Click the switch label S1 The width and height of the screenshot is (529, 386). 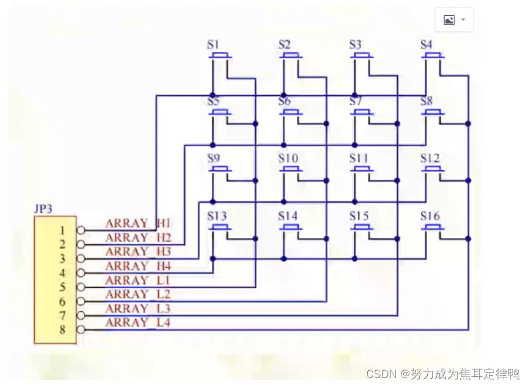213,45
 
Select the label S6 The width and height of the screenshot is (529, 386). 284,101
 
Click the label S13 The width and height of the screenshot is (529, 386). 217,216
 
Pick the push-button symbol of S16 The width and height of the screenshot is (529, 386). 433,228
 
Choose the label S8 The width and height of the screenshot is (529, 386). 426,101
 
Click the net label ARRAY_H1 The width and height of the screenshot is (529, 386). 138,223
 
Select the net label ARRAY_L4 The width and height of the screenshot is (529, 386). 138,323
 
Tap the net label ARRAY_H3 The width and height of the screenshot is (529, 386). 138,252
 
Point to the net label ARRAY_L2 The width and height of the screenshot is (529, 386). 138,295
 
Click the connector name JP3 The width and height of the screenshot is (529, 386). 43,209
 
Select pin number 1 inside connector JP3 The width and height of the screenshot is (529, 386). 63,231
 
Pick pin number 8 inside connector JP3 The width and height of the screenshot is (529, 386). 63,330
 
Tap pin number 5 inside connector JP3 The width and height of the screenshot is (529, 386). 63,287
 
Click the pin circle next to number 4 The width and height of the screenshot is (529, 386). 81,273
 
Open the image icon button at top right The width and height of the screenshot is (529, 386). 449,20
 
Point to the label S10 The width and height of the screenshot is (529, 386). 288,159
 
